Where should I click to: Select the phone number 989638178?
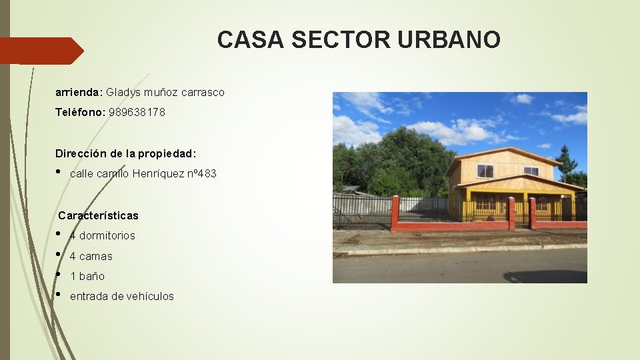pos(137,113)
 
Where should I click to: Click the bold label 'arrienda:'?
pos(79,92)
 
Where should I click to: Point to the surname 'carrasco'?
pos(201,92)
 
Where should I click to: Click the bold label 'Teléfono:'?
pos(80,113)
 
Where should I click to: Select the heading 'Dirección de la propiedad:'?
pos(126,153)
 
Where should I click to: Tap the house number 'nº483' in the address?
pos(201,174)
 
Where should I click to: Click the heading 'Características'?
pos(98,215)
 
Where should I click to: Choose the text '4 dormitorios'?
pos(102,235)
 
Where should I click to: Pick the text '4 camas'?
pos(91,256)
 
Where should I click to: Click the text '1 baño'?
pos(87,276)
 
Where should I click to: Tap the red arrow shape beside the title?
pos(41,51)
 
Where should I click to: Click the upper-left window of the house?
pos(485,171)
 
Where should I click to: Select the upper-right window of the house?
pos(531,171)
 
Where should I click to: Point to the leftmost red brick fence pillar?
pos(395,213)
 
